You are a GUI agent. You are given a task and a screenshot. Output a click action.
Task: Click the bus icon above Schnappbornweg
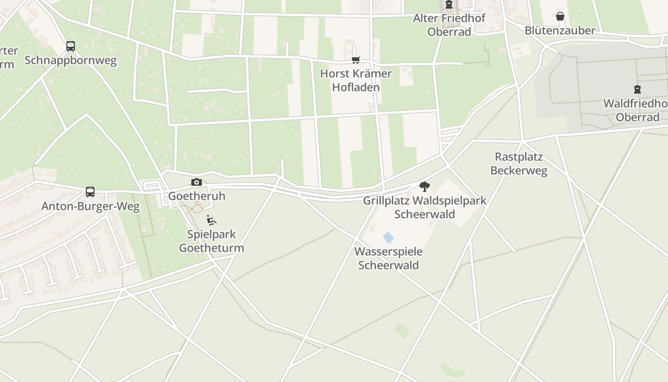tap(71, 46)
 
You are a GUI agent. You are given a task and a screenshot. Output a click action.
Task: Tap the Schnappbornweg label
tap(71, 61)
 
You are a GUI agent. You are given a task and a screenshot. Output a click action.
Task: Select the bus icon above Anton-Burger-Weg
tap(90, 192)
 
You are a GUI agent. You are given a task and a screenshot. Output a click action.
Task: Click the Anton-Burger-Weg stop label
tap(91, 206)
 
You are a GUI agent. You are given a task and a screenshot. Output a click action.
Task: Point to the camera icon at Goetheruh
tap(196, 182)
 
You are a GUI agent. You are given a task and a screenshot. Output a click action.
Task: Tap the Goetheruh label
tap(197, 196)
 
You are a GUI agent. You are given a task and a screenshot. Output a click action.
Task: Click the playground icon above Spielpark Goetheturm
tap(211, 220)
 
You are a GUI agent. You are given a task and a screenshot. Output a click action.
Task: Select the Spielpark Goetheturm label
tap(211, 241)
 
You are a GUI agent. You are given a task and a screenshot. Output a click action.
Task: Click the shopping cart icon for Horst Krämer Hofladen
tap(355, 60)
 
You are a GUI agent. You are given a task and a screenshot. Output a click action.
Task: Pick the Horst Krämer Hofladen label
tap(356, 80)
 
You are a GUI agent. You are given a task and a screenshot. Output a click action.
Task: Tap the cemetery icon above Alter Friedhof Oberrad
tap(449, 5)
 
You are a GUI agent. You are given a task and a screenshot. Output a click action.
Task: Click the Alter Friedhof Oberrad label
tap(449, 25)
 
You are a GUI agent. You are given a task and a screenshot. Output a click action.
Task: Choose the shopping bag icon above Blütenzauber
tap(560, 17)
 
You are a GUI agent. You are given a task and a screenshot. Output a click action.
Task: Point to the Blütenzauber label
tap(560, 31)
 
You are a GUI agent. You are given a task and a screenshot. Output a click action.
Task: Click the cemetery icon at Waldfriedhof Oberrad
tap(637, 89)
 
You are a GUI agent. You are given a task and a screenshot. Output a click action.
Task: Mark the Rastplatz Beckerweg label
tap(519, 164)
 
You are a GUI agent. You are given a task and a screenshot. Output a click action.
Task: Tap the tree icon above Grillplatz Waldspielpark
tap(424, 187)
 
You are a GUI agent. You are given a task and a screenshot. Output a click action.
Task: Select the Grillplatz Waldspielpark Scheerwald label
tap(425, 207)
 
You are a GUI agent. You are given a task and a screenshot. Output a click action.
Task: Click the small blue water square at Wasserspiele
tap(388, 237)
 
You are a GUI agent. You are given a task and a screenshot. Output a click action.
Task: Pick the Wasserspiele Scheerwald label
tap(388, 258)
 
